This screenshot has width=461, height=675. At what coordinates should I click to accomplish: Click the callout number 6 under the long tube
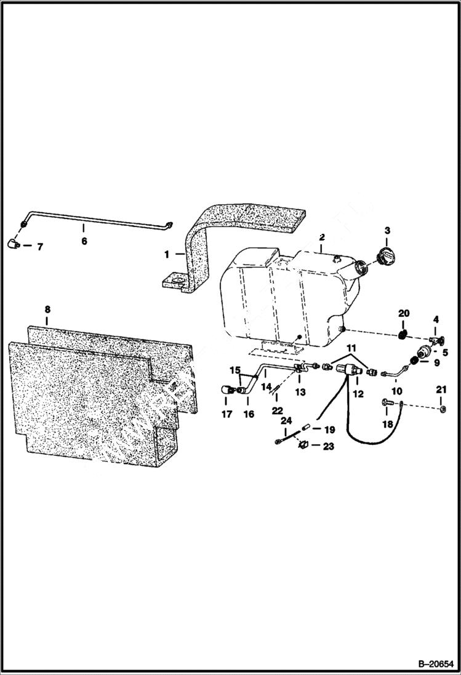[x=84, y=241]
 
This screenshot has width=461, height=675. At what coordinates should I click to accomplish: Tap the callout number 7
[x=40, y=247]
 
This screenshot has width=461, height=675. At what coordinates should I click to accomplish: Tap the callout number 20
[x=403, y=314]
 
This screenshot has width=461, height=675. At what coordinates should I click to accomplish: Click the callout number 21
[x=441, y=389]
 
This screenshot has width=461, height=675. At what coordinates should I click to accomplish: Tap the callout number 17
[x=226, y=414]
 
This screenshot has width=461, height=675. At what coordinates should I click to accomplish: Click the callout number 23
[x=329, y=446]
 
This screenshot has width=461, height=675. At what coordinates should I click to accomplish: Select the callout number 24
[x=286, y=421]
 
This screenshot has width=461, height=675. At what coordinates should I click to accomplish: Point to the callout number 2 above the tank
[x=321, y=237]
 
